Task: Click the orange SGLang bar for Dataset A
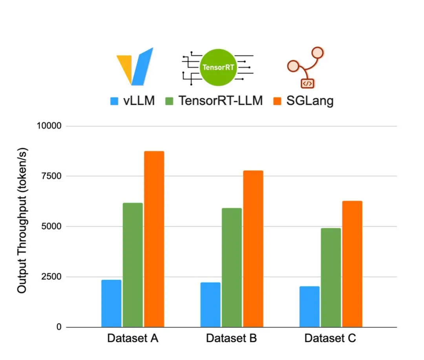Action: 154,239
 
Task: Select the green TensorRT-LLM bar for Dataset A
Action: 133,265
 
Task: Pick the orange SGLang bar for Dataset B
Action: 253,249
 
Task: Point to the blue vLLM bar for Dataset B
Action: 210,305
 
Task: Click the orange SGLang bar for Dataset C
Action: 352,264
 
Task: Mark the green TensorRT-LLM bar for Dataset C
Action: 331,278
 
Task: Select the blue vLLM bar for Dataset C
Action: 309,307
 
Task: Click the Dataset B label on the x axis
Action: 231,338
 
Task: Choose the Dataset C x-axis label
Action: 330,338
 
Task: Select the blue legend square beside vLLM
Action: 114,101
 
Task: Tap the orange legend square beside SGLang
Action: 277,101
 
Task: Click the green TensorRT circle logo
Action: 218,67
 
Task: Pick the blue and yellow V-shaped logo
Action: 135,66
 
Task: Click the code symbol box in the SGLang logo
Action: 307,83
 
